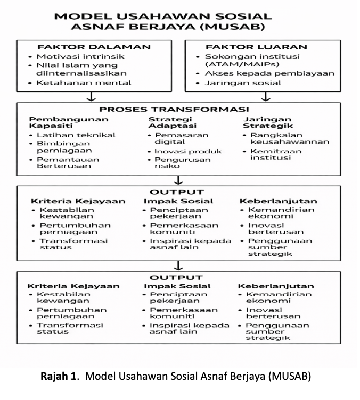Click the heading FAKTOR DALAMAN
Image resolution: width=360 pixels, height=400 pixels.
[x=94, y=47]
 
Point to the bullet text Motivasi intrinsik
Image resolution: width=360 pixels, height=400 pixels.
[x=80, y=56]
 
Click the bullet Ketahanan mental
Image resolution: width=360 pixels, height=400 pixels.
[x=84, y=83]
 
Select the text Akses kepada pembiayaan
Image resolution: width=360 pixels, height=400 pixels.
[x=269, y=73]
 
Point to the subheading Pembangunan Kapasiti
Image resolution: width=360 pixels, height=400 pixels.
[x=56, y=123]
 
